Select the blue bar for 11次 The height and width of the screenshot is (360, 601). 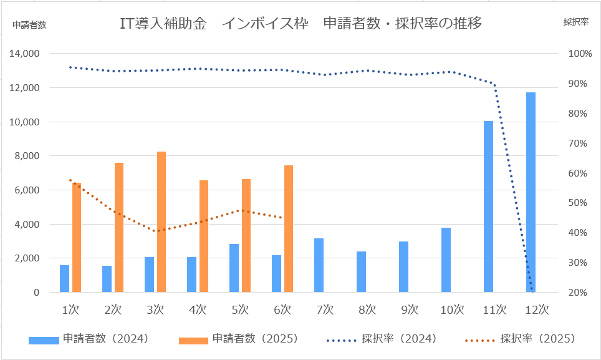tap(488, 207)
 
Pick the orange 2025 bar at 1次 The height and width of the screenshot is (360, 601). tap(77, 237)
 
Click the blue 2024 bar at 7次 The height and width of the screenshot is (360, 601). tap(319, 265)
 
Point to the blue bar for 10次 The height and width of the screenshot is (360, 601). tap(446, 260)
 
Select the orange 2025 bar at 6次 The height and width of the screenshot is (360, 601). tap(289, 228)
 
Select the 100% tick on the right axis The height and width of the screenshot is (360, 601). tap(579, 54)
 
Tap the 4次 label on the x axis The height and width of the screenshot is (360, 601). tap(197, 309)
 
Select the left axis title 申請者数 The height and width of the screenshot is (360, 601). tap(29, 24)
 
